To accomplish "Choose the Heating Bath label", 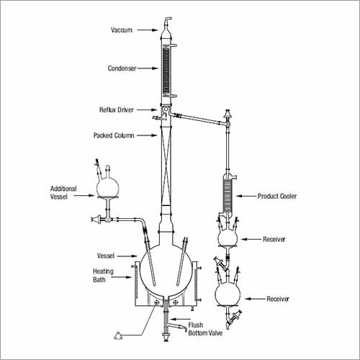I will [103, 276].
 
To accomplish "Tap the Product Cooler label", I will [277, 196].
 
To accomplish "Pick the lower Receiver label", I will [282, 298].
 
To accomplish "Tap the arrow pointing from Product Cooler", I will [248, 196].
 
